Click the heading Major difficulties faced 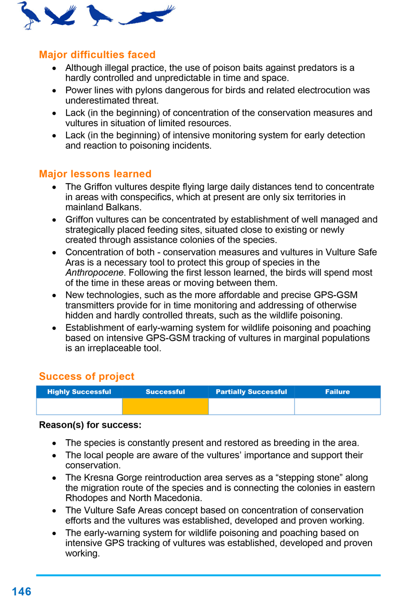pos(97,55)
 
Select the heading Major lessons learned pos(95,174)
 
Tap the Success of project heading pos(86,376)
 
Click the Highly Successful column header pos(79,392)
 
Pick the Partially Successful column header pos(251,392)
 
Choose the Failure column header pos(337,392)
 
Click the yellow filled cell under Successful pos(165,406)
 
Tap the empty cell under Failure pos(337,406)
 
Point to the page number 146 pos(21,592)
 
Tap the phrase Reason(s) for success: pos(90,425)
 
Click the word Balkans pos(124,207)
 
